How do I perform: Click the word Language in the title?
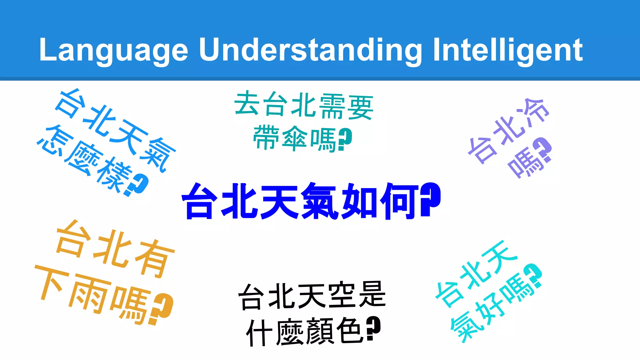pyautogui.click(x=113, y=50)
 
